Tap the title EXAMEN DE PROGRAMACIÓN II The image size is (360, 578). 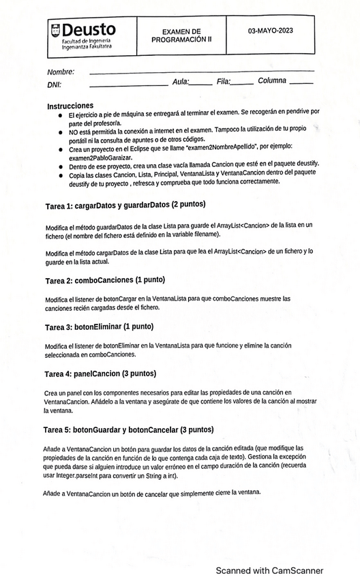181,35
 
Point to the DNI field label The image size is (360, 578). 55,85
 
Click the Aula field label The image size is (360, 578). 181,82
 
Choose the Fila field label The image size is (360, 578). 224,82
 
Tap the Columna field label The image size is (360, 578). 272,81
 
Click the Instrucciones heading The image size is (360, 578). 70,106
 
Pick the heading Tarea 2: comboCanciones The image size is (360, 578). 104,279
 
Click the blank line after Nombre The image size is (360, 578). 202,71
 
